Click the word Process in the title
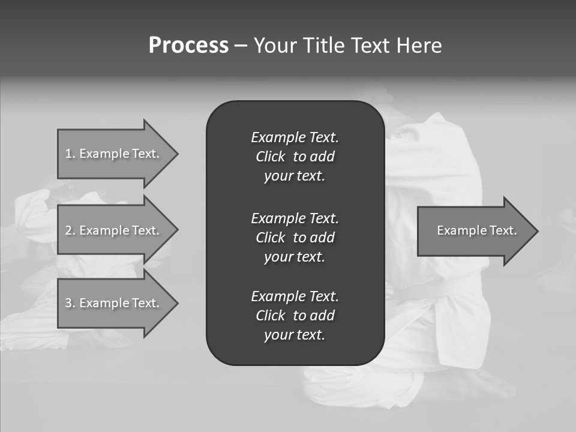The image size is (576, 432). (x=188, y=46)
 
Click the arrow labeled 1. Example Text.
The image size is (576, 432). (x=112, y=154)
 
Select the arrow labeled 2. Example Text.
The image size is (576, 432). (x=112, y=230)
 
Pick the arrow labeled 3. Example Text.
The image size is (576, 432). (x=112, y=303)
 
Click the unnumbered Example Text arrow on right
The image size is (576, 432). (x=476, y=230)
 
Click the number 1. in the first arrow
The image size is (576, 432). (x=70, y=154)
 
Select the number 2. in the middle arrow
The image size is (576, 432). (x=70, y=230)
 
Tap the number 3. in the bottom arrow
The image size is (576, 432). (x=70, y=303)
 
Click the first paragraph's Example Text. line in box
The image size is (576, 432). (x=295, y=137)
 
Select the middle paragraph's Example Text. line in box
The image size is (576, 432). (x=295, y=218)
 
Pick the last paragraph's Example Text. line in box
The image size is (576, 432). (x=295, y=296)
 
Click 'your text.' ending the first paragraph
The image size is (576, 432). (x=295, y=176)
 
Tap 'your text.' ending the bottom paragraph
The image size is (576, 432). (x=295, y=335)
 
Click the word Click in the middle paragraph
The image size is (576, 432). (x=271, y=238)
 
